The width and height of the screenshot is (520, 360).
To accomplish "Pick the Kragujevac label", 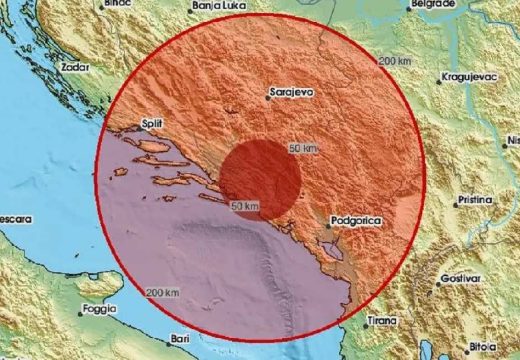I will [x=470, y=76].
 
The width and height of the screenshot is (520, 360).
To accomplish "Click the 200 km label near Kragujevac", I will [x=395, y=61].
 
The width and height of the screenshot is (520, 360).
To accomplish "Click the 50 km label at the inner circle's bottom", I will [x=245, y=206].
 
